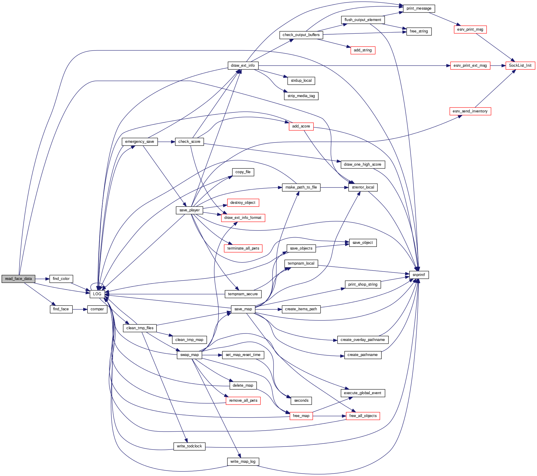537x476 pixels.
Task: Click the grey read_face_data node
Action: (18, 279)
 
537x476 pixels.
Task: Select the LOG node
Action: (97, 294)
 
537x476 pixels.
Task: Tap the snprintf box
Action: (419, 275)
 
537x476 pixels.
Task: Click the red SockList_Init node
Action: (520, 66)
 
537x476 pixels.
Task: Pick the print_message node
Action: (419, 8)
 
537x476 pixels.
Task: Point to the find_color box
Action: (61, 279)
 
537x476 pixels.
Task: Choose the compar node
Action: (97, 309)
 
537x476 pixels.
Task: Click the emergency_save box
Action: (139, 142)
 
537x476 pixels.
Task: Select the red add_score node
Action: (301, 126)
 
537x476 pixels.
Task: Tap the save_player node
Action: (189, 210)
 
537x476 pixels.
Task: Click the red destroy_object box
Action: (243, 203)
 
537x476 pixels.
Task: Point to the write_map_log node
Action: (243, 462)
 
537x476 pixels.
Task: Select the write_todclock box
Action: (189, 446)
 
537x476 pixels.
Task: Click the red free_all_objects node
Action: (363, 416)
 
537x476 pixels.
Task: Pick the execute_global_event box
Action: (362, 393)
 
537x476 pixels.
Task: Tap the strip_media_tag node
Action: (301, 96)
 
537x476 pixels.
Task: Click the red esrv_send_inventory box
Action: (470, 111)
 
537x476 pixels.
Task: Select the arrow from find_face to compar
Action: (80, 309)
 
